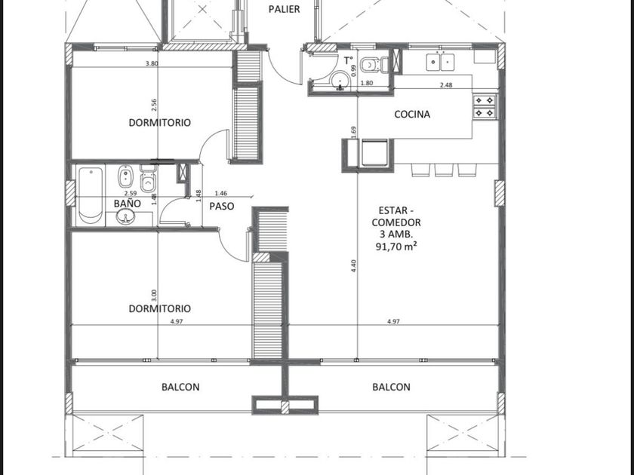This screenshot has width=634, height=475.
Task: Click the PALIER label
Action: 285,9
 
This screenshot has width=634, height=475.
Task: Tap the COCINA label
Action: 412,115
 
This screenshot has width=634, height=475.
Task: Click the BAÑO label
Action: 127,203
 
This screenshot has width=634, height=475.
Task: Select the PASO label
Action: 222,207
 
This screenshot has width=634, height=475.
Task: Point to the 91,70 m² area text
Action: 396,246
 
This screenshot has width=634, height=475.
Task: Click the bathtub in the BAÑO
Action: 91,196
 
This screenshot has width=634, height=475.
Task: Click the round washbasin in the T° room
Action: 341,80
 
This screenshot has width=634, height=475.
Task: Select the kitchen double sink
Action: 440,62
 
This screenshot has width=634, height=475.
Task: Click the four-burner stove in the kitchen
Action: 485,106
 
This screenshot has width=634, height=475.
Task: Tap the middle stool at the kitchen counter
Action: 444,170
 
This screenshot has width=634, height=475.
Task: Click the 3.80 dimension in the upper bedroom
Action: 152,63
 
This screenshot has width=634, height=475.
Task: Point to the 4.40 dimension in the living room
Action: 354,265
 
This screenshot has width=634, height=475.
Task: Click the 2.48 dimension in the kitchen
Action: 446,84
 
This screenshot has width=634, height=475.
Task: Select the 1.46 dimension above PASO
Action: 221,194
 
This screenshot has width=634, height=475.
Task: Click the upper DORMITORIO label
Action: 160,122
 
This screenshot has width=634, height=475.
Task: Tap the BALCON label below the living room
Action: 391,387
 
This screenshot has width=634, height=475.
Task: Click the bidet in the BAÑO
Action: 125,176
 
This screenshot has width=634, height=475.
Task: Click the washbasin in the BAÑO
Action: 126,217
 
